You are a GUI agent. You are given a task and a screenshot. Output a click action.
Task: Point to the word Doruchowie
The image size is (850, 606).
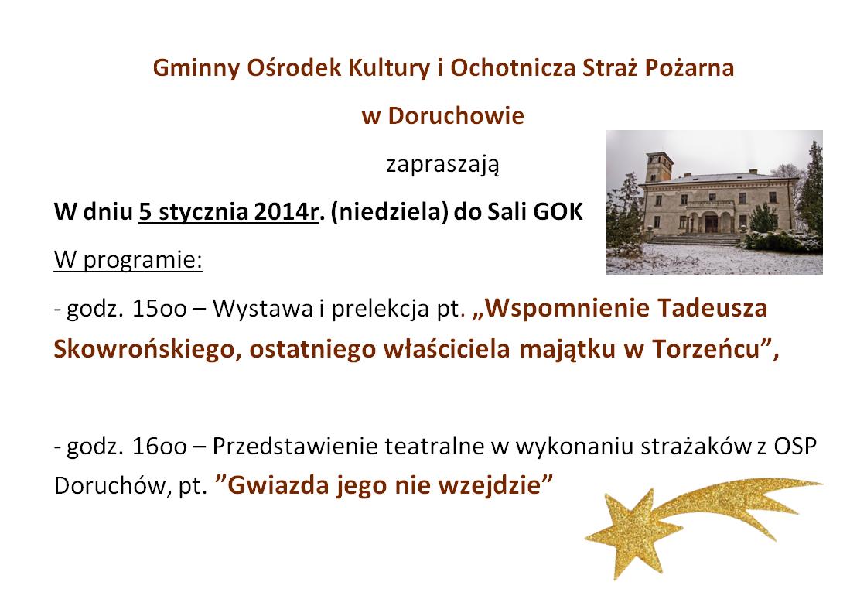tap(455, 116)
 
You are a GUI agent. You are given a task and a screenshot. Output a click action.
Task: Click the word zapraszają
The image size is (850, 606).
tap(442, 166)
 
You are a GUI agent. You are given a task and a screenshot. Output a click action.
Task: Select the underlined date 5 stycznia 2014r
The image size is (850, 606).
tap(229, 213)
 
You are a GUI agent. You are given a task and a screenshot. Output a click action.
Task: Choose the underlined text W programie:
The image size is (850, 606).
tap(128, 260)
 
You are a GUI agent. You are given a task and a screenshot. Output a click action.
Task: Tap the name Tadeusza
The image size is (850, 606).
tap(712, 309)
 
